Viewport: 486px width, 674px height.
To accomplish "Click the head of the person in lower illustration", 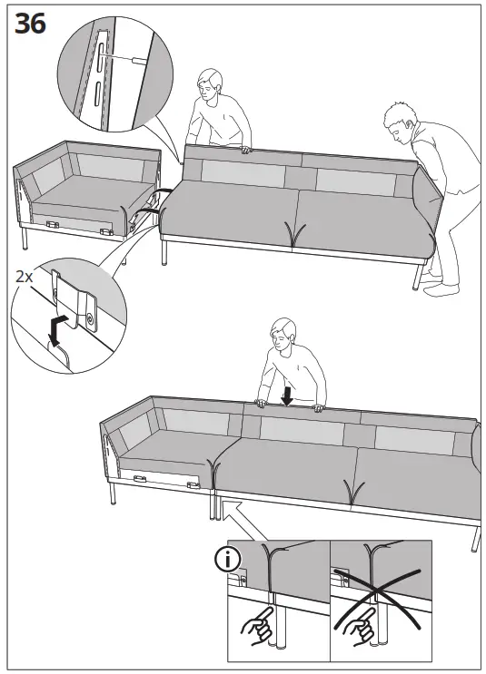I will click(284, 337).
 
